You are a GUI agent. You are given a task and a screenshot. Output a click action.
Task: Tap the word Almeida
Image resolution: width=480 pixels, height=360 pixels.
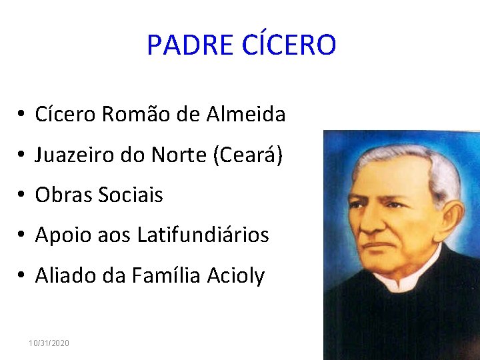pyautogui.click(x=246, y=115)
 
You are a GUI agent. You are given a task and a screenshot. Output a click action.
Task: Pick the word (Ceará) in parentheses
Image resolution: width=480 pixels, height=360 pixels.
pyautogui.click(x=247, y=155)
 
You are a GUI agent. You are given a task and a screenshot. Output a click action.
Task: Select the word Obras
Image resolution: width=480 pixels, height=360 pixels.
pyautogui.click(x=63, y=195)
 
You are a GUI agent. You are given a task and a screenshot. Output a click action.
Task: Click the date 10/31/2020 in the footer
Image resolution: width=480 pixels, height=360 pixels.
pyautogui.click(x=49, y=343)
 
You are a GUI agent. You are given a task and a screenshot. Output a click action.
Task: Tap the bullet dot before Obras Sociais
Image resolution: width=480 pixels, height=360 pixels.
pyautogui.click(x=22, y=196)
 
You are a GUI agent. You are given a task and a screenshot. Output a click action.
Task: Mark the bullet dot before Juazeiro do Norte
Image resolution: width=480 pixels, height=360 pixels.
pyautogui.click(x=22, y=156)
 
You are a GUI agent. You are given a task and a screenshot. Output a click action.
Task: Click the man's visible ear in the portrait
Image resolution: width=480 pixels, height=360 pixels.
pyautogui.click(x=451, y=219)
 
